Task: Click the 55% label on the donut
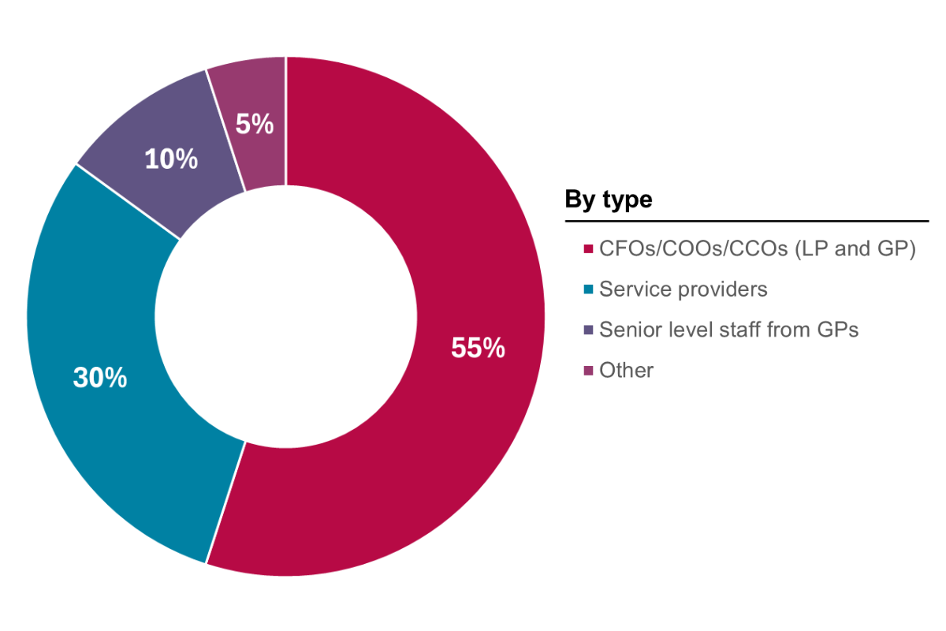pyautogui.click(x=478, y=348)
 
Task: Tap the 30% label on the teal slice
pyautogui.click(x=100, y=378)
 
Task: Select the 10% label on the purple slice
pyautogui.click(x=170, y=159)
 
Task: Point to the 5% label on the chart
pyautogui.click(x=255, y=124)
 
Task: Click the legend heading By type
pyautogui.click(x=609, y=200)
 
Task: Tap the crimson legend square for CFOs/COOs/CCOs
pyautogui.click(x=587, y=249)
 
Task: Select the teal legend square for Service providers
pyautogui.click(x=587, y=289)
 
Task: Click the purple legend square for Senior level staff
pyautogui.click(x=587, y=330)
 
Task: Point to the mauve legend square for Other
pyautogui.click(x=587, y=370)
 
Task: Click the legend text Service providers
pyautogui.click(x=683, y=289)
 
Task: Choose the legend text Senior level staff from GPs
pyautogui.click(x=728, y=330)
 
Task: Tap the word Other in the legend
pyautogui.click(x=626, y=370)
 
